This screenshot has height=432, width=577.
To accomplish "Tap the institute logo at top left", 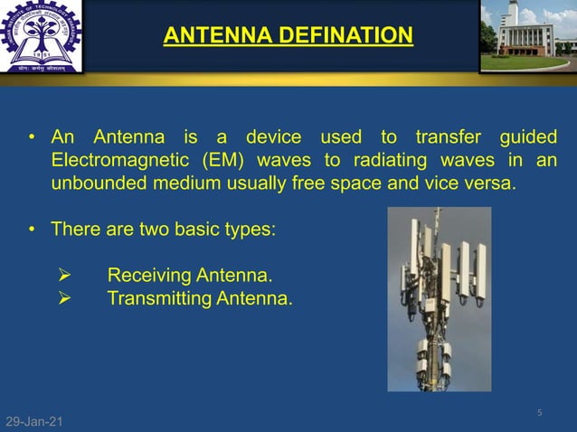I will [41, 36].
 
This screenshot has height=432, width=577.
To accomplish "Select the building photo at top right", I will [527, 36].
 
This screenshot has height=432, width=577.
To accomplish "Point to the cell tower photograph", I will [439, 298].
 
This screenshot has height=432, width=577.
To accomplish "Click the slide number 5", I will [539, 413].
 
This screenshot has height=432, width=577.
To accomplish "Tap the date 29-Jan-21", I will [34, 422].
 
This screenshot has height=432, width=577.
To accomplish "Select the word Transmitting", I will [159, 296].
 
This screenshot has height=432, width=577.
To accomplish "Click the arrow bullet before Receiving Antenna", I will [64, 275].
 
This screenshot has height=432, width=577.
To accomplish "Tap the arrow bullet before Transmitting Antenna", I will [64, 296].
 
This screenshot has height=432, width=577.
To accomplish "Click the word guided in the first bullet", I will [528, 138].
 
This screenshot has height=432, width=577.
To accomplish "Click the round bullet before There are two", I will [31, 230].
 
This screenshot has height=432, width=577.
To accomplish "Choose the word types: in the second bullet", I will [249, 230].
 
